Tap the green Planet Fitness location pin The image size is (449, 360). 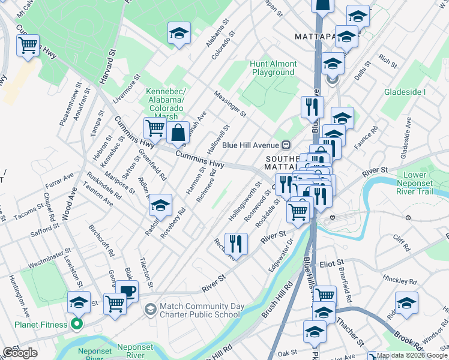[76, 326]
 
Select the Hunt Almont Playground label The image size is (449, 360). [274, 68]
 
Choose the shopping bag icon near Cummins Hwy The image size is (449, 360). [178, 133]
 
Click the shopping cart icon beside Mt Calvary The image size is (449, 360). [28, 45]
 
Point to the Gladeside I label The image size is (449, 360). [405, 92]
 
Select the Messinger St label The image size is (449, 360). [231, 103]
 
